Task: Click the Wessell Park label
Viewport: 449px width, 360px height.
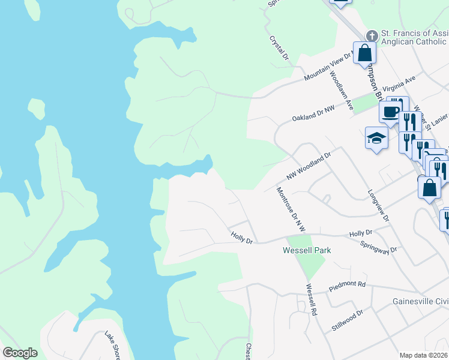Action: click(x=307, y=250)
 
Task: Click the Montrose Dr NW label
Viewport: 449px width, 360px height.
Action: click(x=291, y=209)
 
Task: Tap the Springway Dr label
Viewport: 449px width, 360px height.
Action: click(x=379, y=246)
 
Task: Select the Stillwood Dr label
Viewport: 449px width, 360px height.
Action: click(x=348, y=321)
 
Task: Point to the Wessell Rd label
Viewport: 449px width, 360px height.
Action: click(x=310, y=300)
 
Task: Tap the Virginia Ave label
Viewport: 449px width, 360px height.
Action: click(x=403, y=83)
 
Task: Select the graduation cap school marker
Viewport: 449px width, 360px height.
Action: click(x=376, y=138)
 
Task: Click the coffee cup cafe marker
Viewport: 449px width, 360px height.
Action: click(x=390, y=112)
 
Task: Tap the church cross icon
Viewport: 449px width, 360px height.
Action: click(x=372, y=36)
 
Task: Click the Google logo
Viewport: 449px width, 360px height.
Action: click(x=20, y=353)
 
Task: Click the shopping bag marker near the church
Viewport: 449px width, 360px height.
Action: click(x=364, y=53)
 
